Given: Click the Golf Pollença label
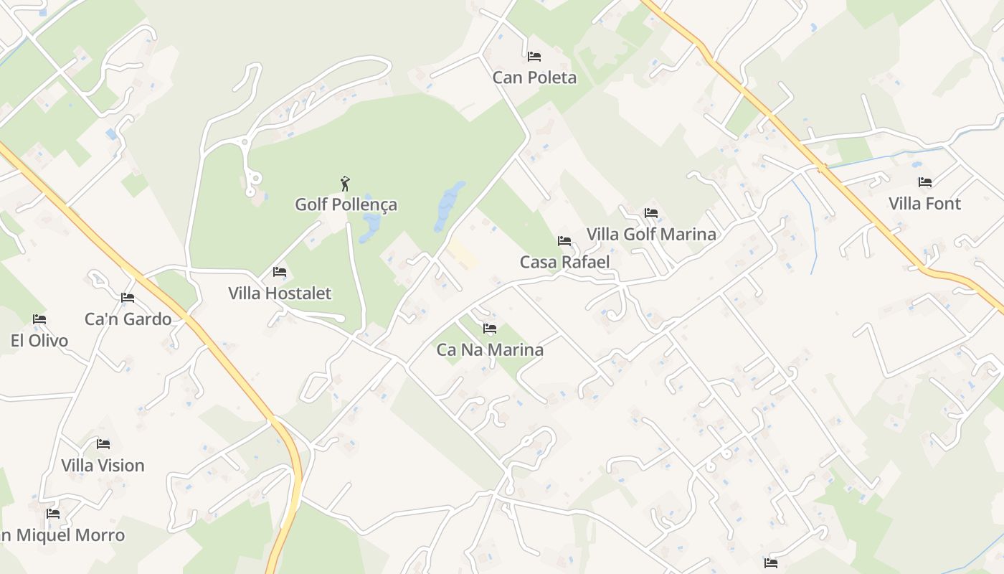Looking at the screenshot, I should click(346, 204).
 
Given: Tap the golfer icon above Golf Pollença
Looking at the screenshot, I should click(345, 184).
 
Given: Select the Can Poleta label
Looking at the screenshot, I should click(534, 77).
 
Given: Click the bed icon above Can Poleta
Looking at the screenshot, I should click(534, 56).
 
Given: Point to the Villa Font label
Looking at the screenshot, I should click(924, 204).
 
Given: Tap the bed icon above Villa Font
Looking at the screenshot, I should click(925, 182).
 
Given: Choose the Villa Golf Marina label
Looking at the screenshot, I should click(651, 235).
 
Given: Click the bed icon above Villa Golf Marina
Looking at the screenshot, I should click(651, 213).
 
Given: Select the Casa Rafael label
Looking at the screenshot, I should click(564, 262).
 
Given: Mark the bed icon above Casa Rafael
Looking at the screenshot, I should click(564, 241).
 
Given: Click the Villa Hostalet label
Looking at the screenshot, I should click(280, 293).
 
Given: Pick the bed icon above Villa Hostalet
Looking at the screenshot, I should click(280, 272).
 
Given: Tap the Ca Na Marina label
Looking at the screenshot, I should click(490, 350).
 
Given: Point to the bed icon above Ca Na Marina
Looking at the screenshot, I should click(490, 329).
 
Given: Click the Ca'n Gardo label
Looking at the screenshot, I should click(128, 319).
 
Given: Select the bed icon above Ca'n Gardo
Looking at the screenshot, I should click(128, 298).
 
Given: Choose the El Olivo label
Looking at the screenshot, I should click(39, 341).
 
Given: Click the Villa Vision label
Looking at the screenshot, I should click(103, 466).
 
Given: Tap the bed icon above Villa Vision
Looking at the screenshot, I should click(103, 444).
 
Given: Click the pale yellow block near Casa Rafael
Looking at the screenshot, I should click(463, 255).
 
